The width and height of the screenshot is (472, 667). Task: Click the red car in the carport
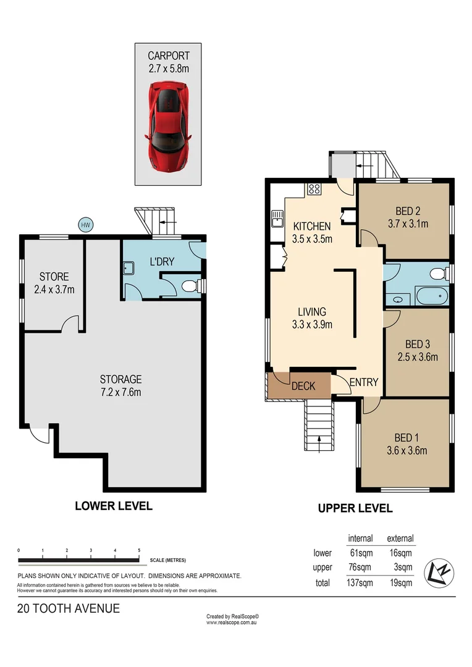pos(168,127)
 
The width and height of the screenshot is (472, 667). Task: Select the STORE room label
pos(54,277)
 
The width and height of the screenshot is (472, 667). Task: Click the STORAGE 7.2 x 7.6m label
pos(121,379)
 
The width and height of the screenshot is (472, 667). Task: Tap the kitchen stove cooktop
pos(313,189)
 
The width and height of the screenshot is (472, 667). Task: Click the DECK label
pos(303,386)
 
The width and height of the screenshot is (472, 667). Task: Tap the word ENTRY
pos(363,382)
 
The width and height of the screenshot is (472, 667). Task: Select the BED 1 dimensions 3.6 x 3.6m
pos(410,450)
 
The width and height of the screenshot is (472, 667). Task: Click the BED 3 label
pos(418,344)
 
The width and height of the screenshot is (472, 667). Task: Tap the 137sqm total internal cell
pos(360,582)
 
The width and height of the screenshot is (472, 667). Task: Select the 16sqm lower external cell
pos(400,553)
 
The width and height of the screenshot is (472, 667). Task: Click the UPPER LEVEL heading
pos(355,509)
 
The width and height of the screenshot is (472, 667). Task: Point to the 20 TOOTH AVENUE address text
pos(69,608)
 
